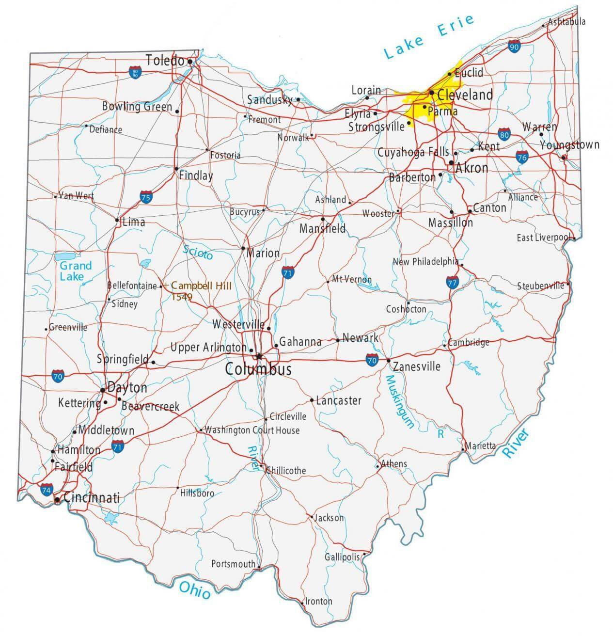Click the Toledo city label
[165, 61]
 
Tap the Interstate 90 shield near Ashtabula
[514, 47]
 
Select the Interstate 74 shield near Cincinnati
[47, 490]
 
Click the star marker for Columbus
[259, 357]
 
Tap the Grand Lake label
[75, 271]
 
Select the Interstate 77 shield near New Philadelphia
[452, 283]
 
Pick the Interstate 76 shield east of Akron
[522, 157]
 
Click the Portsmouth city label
[233, 564]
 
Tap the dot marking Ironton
[303, 604]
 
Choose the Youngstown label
[569, 145]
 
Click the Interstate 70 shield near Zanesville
[372, 360]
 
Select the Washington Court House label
[252, 430]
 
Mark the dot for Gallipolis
[364, 554]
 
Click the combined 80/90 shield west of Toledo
[135, 74]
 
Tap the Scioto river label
[198, 252]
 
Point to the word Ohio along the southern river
[195, 590]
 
